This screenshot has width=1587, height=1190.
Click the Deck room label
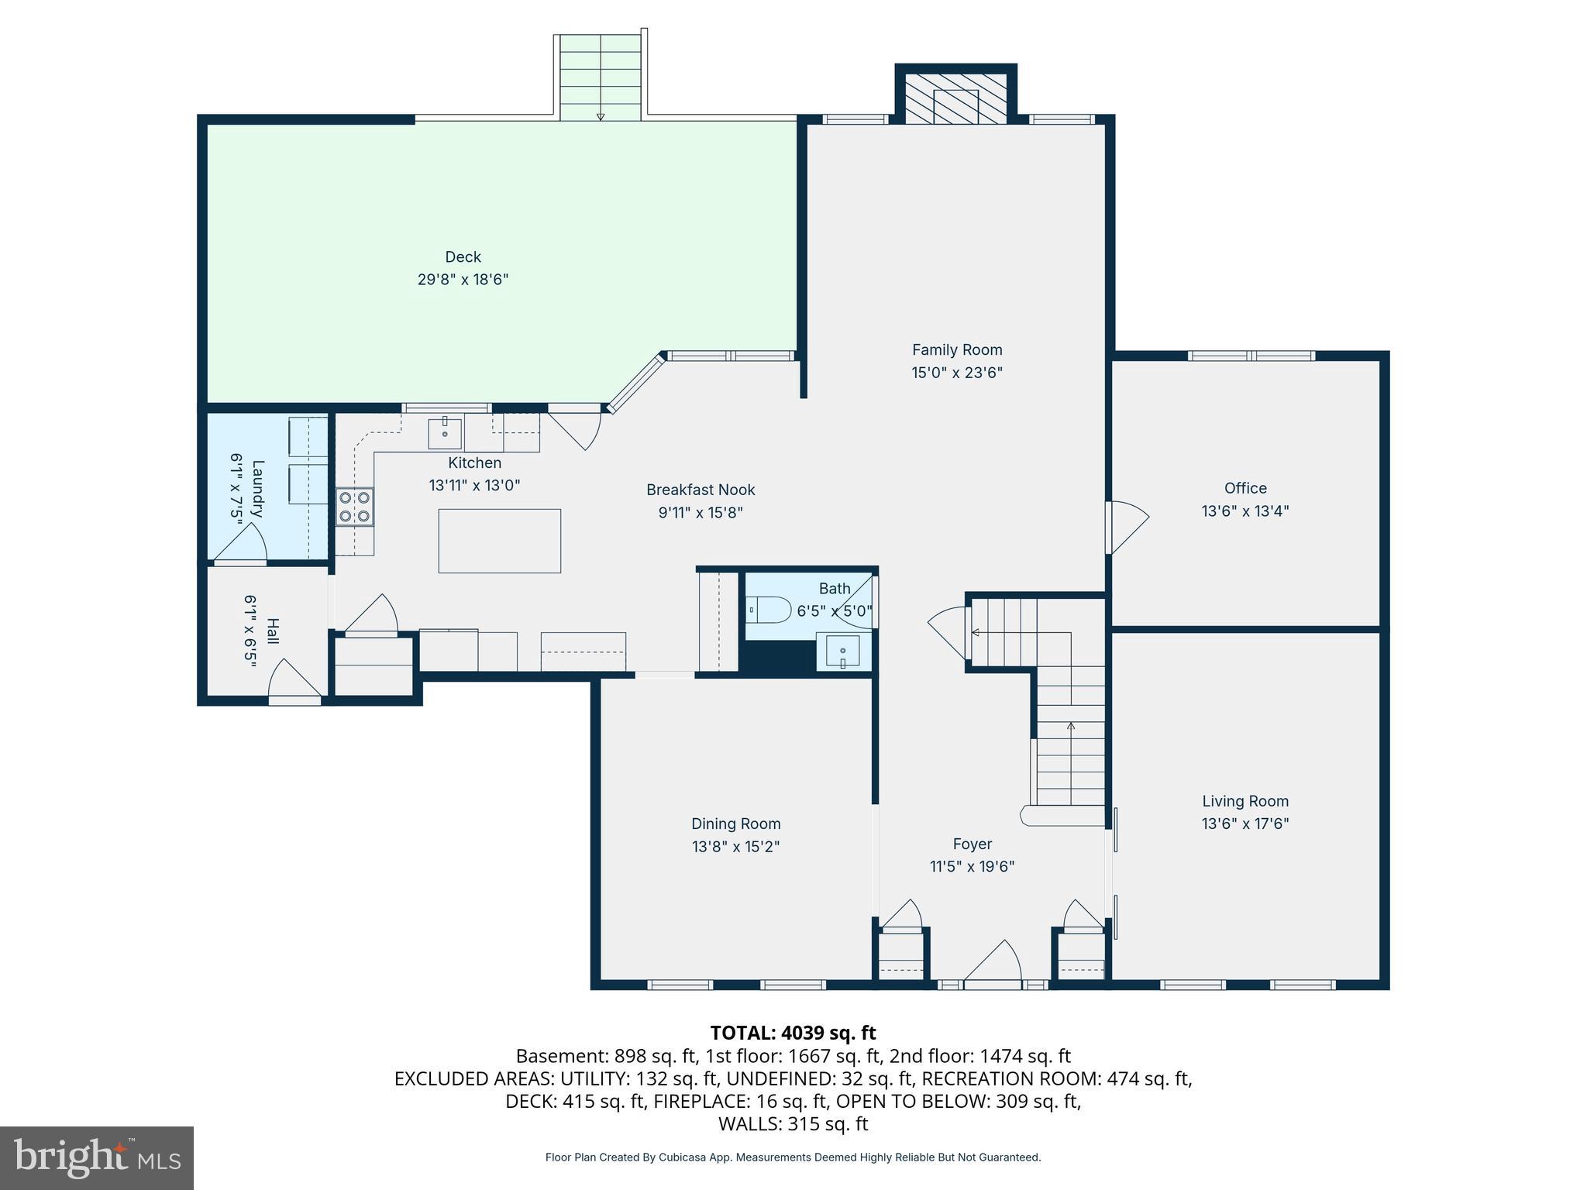(x=463, y=257)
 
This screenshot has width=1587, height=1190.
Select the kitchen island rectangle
(x=499, y=541)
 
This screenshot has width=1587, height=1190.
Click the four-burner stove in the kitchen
(x=355, y=507)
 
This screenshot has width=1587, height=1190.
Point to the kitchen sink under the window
(x=445, y=433)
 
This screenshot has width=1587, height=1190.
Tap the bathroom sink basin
(x=842, y=652)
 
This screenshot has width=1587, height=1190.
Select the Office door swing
(x=1127, y=527)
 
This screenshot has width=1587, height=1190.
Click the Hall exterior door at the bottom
(x=294, y=682)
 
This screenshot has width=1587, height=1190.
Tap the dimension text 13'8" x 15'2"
(x=735, y=847)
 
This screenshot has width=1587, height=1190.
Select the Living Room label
(x=1244, y=801)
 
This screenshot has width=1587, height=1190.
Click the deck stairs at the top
(x=601, y=77)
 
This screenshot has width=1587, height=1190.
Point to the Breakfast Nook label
(x=701, y=490)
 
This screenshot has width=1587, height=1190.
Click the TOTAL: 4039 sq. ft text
(x=793, y=1033)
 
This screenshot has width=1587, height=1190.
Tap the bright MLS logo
(x=97, y=1158)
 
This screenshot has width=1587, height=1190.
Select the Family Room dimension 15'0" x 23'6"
(x=956, y=373)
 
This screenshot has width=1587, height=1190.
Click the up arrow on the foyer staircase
(x=1071, y=726)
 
